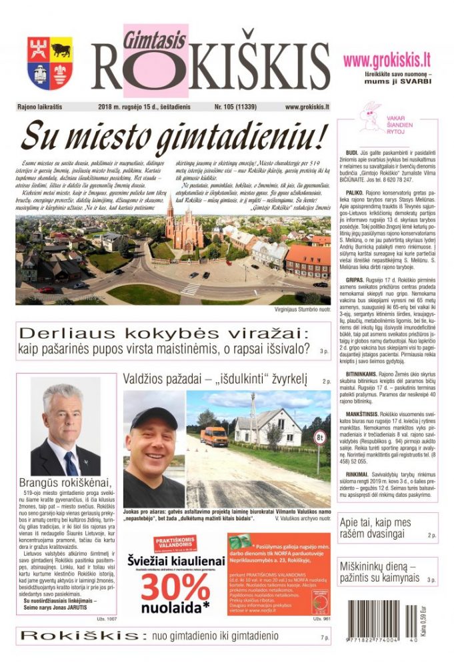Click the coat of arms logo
49,63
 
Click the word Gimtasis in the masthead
154,40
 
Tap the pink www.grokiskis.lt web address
387,60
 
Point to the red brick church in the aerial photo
183,227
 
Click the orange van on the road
214,436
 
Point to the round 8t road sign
320,438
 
